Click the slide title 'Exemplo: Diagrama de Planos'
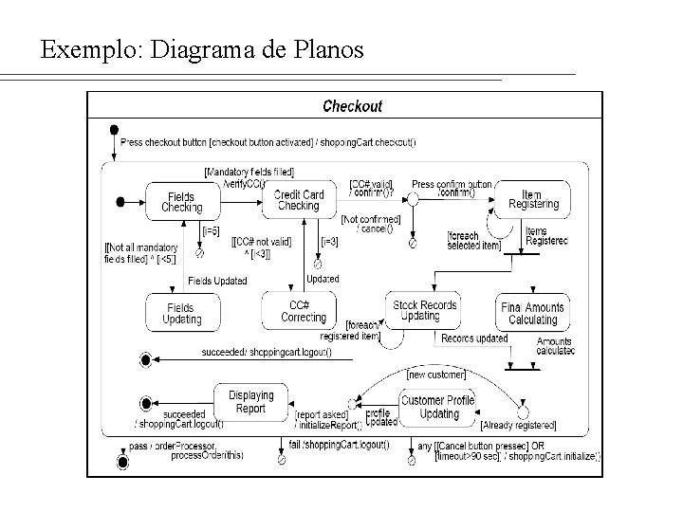[x=202, y=49]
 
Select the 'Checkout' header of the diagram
[x=352, y=106]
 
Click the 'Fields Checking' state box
[x=181, y=201]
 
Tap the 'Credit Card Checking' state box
[x=299, y=200]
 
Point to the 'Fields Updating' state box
[x=181, y=314]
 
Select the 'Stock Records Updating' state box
[x=425, y=310]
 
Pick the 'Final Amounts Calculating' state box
[x=532, y=314]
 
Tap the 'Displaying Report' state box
[x=250, y=402]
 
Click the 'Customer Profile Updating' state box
[x=438, y=408]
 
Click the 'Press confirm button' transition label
[x=452, y=184]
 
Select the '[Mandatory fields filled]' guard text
[x=249, y=172]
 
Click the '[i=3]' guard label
[x=330, y=241]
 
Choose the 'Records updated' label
[x=474, y=338]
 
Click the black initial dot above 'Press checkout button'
[x=114, y=129]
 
